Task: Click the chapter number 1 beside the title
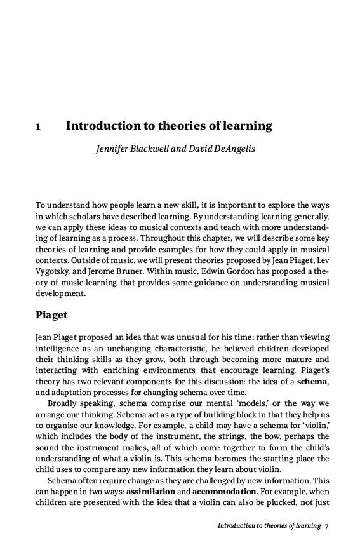point(39,126)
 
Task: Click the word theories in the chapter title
point(179,126)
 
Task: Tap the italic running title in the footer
point(269,526)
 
